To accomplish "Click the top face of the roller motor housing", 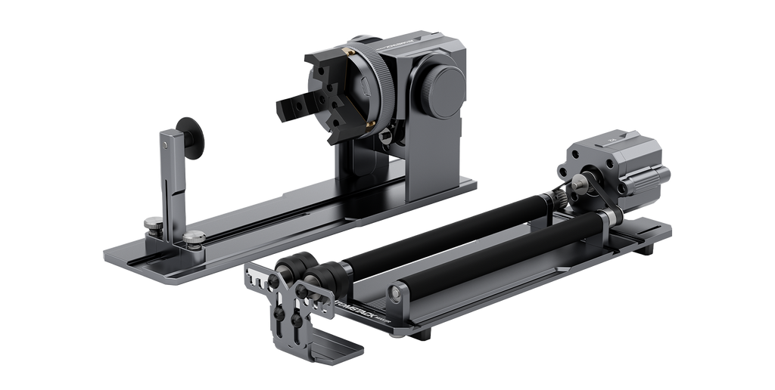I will [613, 142].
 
